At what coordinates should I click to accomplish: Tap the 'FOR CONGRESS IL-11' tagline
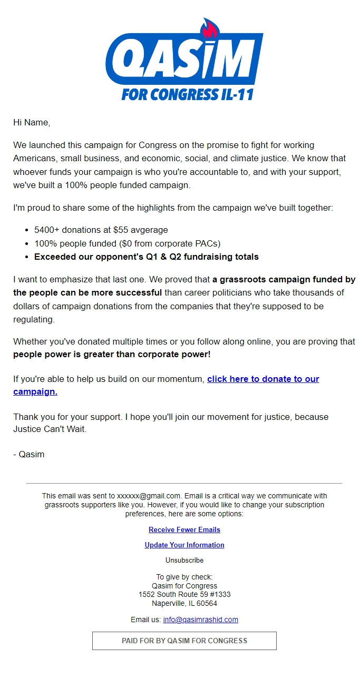(x=188, y=94)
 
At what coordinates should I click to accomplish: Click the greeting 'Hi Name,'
(x=32, y=123)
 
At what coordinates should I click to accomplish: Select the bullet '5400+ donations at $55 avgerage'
(x=101, y=230)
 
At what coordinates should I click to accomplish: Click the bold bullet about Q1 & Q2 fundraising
(x=146, y=257)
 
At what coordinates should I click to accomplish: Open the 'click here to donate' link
(x=262, y=379)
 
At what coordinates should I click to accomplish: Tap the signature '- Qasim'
(x=29, y=454)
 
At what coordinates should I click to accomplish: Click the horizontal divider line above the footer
(x=184, y=483)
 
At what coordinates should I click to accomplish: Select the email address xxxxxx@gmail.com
(x=149, y=496)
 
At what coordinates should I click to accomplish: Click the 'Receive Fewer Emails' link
(x=184, y=529)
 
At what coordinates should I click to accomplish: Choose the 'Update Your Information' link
(x=184, y=545)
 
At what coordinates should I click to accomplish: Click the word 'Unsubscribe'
(x=184, y=560)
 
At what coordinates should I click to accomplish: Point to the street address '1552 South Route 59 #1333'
(x=184, y=594)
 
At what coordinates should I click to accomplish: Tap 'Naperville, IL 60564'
(x=184, y=603)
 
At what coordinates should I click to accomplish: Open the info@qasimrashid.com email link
(x=200, y=620)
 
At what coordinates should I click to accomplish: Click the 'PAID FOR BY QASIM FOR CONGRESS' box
(x=184, y=641)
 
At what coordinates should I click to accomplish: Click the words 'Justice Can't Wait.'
(x=50, y=429)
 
